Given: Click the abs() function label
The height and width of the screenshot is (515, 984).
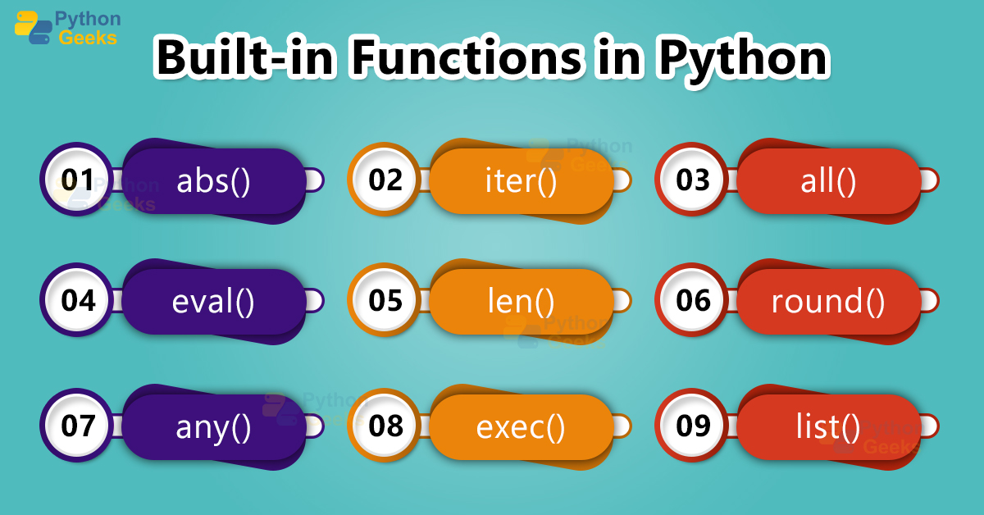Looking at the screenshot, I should (213, 181).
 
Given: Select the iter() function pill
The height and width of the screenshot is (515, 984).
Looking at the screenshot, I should (521, 181).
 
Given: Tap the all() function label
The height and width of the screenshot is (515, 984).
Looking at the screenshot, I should (828, 181).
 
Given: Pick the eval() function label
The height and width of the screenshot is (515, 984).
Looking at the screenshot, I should (213, 302).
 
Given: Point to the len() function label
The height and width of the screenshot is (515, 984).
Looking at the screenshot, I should (521, 302).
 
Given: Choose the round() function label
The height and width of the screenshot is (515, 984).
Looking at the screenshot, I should (828, 302).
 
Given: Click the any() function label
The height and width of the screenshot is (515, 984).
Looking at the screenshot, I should (213, 427).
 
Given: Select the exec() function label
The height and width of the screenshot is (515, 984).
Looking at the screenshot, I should (521, 427).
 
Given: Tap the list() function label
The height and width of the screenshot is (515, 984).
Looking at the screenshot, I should (828, 427).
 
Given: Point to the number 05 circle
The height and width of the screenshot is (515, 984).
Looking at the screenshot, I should (385, 301).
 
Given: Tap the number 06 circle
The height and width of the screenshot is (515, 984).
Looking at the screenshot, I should (693, 301).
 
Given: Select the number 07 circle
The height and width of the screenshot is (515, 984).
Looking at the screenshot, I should (78, 426).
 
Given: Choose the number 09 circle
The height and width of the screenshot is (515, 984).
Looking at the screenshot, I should (693, 426).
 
